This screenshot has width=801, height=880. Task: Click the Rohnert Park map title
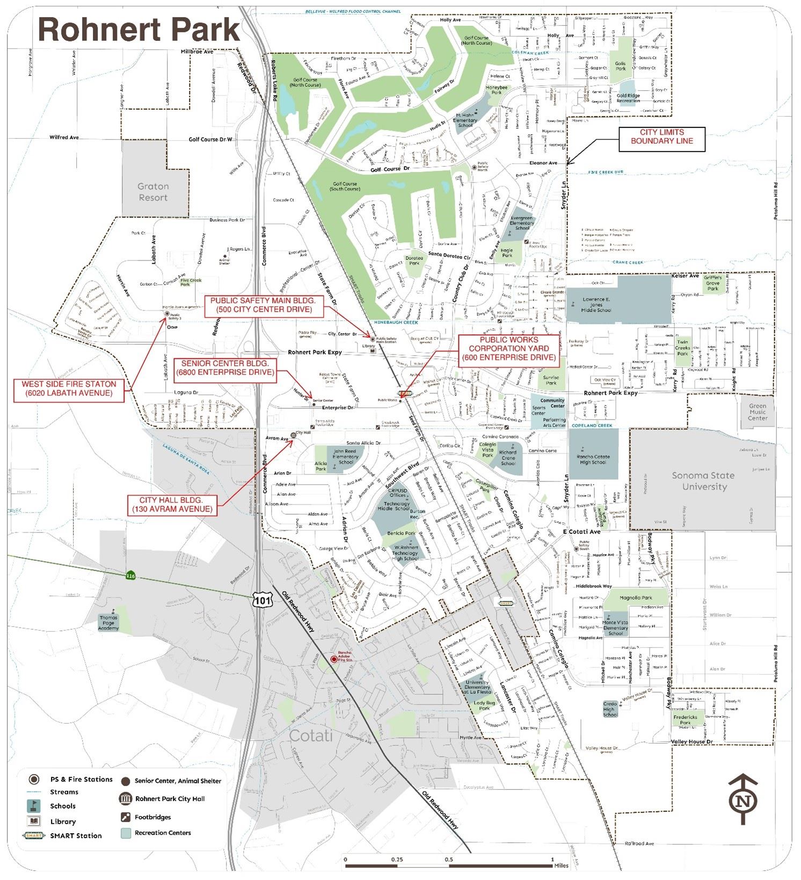(139, 30)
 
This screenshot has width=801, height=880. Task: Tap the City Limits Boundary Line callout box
(661, 137)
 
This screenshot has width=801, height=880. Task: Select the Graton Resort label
(154, 192)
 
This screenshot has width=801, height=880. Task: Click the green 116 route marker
(130, 575)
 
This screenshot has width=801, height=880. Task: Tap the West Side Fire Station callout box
(68, 388)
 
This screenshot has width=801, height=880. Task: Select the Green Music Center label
(758, 412)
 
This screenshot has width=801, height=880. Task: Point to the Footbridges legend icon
(125, 817)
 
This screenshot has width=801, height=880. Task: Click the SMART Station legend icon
(34, 835)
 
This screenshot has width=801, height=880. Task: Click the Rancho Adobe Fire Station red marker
(334, 659)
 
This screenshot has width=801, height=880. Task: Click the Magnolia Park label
(636, 597)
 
